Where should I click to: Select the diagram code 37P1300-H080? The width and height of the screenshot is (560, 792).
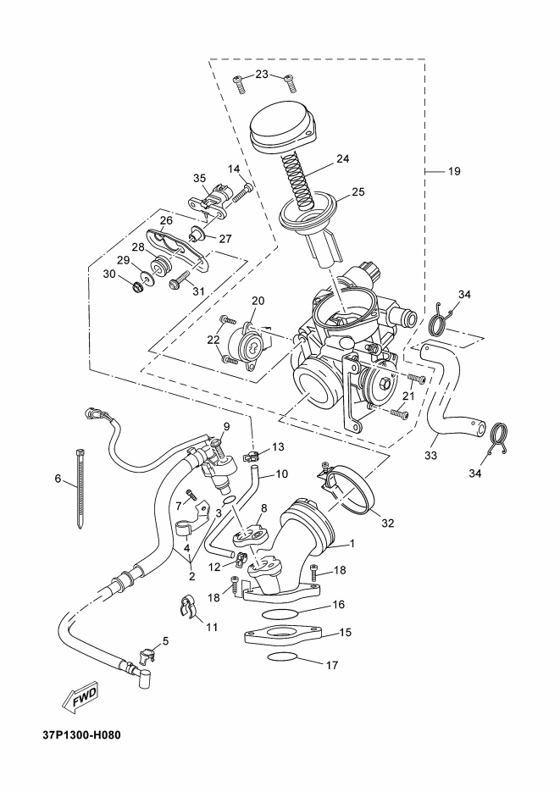click(x=82, y=734)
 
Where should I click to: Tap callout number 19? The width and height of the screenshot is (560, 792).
click(x=454, y=171)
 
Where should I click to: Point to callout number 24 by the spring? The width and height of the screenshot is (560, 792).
click(x=342, y=158)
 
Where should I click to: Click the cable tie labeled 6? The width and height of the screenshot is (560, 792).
click(x=80, y=489)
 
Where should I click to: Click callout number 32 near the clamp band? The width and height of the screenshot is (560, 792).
click(x=387, y=523)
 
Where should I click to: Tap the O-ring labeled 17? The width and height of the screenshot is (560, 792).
click(x=282, y=656)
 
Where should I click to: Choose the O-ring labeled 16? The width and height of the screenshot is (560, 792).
click(x=280, y=614)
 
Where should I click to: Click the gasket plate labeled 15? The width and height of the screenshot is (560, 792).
click(x=283, y=636)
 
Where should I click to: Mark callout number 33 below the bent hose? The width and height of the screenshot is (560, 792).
click(x=430, y=456)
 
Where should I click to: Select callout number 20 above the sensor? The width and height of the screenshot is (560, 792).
click(x=258, y=301)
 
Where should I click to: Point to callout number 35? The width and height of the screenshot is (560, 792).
click(x=199, y=178)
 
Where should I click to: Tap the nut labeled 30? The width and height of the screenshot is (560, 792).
click(x=136, y=288)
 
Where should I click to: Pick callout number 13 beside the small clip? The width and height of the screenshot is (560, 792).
click(x=278, y=447)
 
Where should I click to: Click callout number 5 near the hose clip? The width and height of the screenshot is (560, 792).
click(x=165, y=641)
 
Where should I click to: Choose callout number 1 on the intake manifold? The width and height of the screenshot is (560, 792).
click(x=352, y=544)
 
